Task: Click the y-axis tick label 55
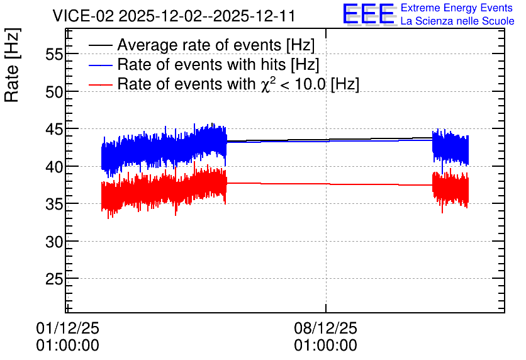coord(54,53)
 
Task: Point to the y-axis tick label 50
coord(54,91)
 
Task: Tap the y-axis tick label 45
coord(54,129)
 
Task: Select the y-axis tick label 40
coord(54,166)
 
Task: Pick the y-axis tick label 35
coord(54,204)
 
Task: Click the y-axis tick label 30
coord(54,241)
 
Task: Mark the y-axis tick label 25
coord(54,279)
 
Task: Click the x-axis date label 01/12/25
coord(67,328)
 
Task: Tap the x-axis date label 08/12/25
coord(325,328)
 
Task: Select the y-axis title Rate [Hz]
coord(12,65)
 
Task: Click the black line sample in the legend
coord(100,45)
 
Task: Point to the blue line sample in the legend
coord(100,65)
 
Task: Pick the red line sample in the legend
coord(100,84)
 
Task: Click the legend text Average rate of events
coord(199,45)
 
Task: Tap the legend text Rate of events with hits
coord(201,64)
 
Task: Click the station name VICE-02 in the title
coord(83,16)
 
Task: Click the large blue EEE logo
coord(369,14)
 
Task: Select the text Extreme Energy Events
coord(457,8)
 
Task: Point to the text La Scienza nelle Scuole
coord(457,21)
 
